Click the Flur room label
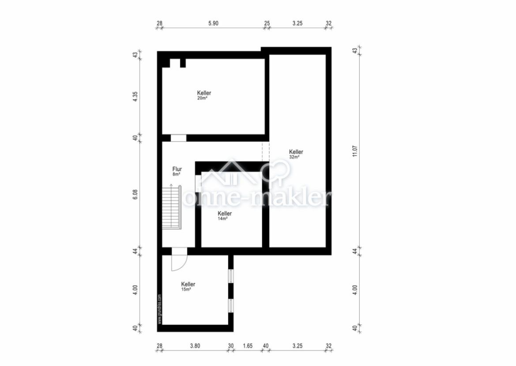point(177,169)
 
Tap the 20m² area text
point(202,98)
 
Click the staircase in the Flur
point(171,207)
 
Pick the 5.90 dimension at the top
point(213,23)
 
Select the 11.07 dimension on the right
point(355,151)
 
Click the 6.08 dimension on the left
point(135,194)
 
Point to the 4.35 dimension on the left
point(135,96)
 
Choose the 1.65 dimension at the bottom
point(248,346)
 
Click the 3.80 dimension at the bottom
point(195,346)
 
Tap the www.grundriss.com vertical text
point(160,309)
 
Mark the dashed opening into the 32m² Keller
point(266,152)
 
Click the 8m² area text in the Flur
point(177,174)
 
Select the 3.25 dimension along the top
point(297,23)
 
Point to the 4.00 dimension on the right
point(355,290)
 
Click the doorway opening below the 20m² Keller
point(178,138)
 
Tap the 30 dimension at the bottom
point(231,346)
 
